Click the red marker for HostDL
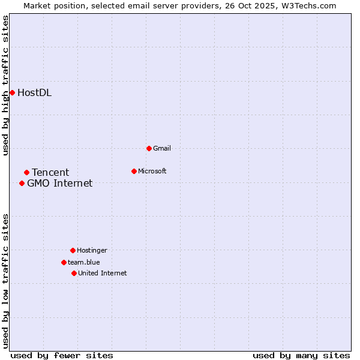pos(12,92)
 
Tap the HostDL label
pos(34,92)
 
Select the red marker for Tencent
pos(26,173)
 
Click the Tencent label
pos(50,173)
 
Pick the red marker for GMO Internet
pos(22,184)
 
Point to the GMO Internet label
pos(59,184)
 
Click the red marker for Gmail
pos(149,148)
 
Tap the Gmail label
pos(162,148)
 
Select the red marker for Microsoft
pos(134,171)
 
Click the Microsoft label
pos(152,171)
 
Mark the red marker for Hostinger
pos(73,250)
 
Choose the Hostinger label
pos(92,250)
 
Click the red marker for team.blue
pos(64,262)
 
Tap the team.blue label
pos(83,262)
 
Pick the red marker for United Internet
pos(74,273)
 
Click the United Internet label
pos(102,273)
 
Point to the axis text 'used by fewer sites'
pos(62,355)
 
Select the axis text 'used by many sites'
pos(301,355)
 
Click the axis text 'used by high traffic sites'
pos(5,86)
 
